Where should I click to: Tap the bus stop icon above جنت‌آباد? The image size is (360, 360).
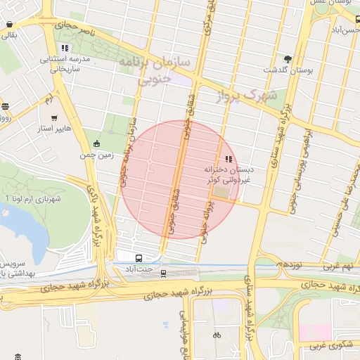point(138,257)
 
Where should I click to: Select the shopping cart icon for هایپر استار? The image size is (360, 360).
point(54,118)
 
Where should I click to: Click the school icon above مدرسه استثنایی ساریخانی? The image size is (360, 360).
point(65,48)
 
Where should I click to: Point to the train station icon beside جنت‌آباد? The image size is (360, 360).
point(164,273)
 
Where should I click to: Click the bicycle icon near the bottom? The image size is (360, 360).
point(217,335)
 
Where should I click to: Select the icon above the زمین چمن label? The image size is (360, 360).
point(96,143)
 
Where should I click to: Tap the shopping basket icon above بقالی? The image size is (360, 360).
point(9,24)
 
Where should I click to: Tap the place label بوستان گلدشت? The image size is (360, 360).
point(288,71)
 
